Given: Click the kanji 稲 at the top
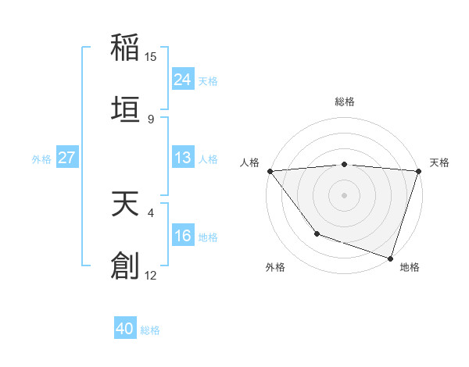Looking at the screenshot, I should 125,47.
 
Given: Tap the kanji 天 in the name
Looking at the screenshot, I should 125,204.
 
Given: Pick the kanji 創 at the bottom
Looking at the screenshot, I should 125,265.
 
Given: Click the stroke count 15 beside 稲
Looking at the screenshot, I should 151,57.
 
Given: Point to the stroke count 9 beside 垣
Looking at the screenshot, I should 151,119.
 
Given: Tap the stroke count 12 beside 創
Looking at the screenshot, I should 151,275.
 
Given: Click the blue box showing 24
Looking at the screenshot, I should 182,80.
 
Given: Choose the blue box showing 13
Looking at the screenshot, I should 182,158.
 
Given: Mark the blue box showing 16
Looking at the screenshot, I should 182,236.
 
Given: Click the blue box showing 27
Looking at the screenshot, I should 67,158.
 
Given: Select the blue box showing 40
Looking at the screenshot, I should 125,329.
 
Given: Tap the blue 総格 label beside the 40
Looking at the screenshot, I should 150,330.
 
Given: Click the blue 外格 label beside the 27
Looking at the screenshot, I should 41,159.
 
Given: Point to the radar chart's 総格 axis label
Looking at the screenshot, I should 344,102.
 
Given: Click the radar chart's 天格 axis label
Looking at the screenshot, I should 440,162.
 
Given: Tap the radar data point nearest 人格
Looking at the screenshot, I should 270,171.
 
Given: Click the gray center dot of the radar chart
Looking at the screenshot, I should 344,194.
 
